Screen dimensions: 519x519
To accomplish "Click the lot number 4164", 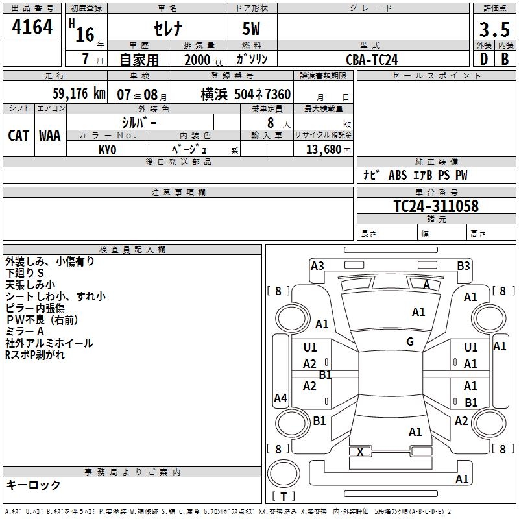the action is coord(32,27).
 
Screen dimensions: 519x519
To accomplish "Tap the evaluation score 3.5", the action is coord(494,30).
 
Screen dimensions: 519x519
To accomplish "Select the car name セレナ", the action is coord(167,30).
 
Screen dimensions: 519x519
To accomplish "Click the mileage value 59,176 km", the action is coord(74,93).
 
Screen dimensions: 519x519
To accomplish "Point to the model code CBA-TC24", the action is coord(372,60).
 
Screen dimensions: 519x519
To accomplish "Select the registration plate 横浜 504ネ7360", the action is coord(245,94).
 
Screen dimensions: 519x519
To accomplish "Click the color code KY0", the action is coord(107,150).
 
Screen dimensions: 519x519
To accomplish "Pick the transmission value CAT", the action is coord(18,136).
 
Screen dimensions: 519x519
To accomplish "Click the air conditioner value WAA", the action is coord(50,136).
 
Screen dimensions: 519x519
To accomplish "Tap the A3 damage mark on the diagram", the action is coord(317,265).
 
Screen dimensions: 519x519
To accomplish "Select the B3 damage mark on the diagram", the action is coord(463,265).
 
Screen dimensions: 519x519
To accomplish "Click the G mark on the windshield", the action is coord(410,342).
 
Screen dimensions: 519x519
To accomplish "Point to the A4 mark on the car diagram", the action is coord(280,398).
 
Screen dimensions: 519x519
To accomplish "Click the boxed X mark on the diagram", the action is coord(360,452).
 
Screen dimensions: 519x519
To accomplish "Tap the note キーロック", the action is coord(33,485).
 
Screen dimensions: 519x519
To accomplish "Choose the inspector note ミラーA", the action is coord(26,332).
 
